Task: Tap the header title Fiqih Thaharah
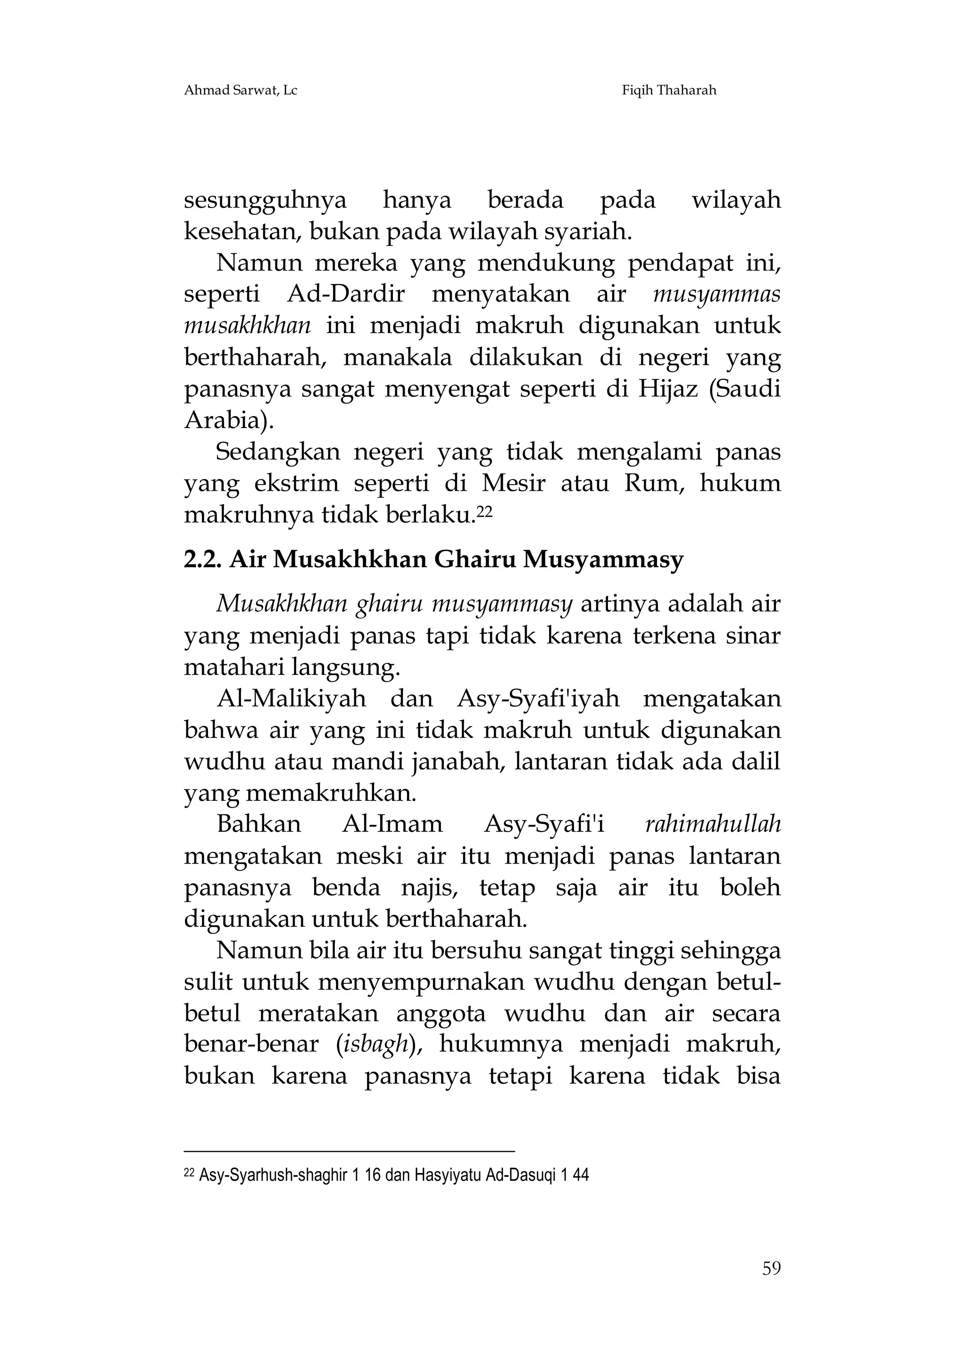669,90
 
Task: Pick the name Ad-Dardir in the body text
346,294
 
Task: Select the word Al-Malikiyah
291,699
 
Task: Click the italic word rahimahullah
713,824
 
